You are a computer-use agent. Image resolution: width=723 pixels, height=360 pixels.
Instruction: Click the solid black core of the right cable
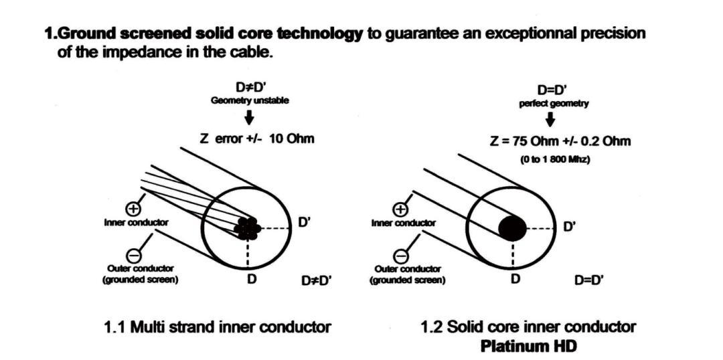pos(512,228)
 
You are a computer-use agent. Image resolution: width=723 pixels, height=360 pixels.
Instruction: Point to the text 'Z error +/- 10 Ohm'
pos(257,139)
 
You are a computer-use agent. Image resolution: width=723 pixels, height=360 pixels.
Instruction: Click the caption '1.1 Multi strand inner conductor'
pos(218,327)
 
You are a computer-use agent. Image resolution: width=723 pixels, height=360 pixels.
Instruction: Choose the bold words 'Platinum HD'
pos(528,347)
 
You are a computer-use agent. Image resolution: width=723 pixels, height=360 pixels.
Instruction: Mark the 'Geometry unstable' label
pos(249,100)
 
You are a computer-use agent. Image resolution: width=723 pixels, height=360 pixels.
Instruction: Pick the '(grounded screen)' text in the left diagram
pos(140,280)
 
